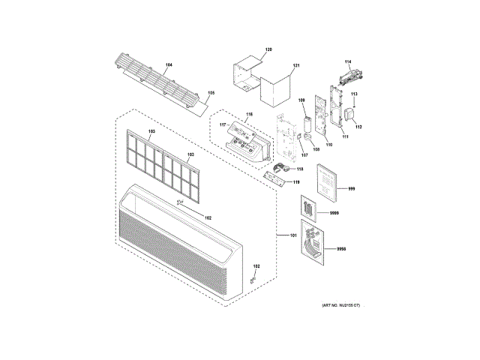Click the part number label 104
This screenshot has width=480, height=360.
(x=169, y=66)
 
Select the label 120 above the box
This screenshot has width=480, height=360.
(x=268, y=49)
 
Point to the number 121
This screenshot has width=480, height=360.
(x=296, y=66)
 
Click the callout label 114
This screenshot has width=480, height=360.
(x=348, y=61)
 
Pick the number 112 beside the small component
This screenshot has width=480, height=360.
(x=358, y=127)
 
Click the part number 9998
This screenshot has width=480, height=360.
(x=341, y=248)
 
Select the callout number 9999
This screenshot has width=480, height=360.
(x=334, y=214)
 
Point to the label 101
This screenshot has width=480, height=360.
(x=293, y=236)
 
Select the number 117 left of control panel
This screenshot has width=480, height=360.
(x=222, y=124)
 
